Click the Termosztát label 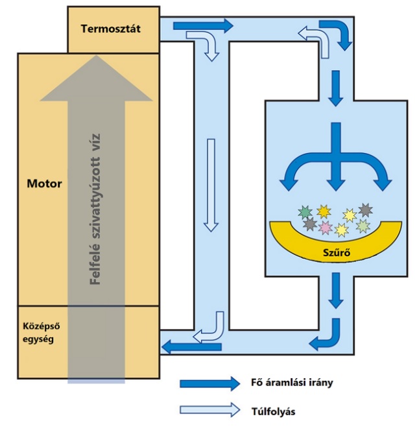tap(112, 29)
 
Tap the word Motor tap(44, 184)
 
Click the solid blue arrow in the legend tap(209, 383)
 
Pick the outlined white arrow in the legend tap(209, 410)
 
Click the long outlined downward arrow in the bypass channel tap(209, 184)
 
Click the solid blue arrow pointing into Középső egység tap(182, 347)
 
